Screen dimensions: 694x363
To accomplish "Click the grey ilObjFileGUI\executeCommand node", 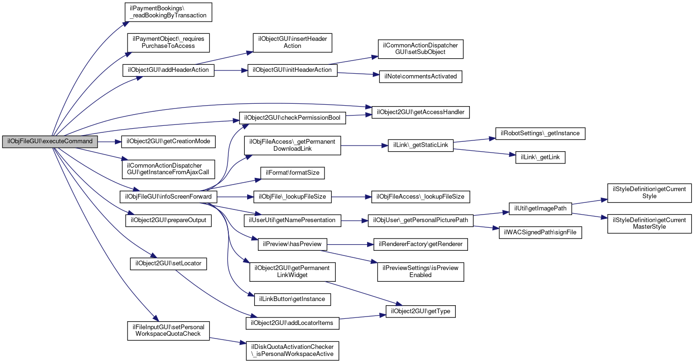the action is pos(50,141).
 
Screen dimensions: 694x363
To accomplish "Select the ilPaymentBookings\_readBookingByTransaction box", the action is pos(168,12).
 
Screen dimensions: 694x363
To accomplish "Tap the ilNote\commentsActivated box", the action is pos(421,77).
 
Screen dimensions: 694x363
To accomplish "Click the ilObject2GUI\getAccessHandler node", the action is pos(421,112).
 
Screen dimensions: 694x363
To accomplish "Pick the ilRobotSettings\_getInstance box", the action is pos(540,133).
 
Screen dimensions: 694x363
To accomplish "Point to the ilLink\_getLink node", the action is pos(540,157).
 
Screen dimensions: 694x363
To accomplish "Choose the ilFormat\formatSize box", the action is pos(292,173).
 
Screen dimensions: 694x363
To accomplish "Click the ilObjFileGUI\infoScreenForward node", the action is pos(168,197).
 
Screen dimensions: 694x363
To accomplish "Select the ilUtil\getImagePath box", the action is pos(540,209).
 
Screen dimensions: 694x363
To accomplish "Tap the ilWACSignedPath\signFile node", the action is pos(540,232).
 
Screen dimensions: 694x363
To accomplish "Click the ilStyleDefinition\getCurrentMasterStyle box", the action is pos(649,224).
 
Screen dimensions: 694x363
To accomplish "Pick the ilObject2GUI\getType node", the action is pos(421,311).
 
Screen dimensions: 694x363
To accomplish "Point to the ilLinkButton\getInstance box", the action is pos(292,299).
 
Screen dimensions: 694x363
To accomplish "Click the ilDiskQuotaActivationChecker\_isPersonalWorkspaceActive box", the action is pos(292,351).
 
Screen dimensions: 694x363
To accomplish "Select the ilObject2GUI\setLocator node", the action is pos(168,263).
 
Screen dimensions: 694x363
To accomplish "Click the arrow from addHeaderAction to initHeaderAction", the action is pos(231,70).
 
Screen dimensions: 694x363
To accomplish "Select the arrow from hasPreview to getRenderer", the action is pos(350,245).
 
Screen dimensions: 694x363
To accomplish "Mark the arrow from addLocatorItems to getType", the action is pos(362,317).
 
